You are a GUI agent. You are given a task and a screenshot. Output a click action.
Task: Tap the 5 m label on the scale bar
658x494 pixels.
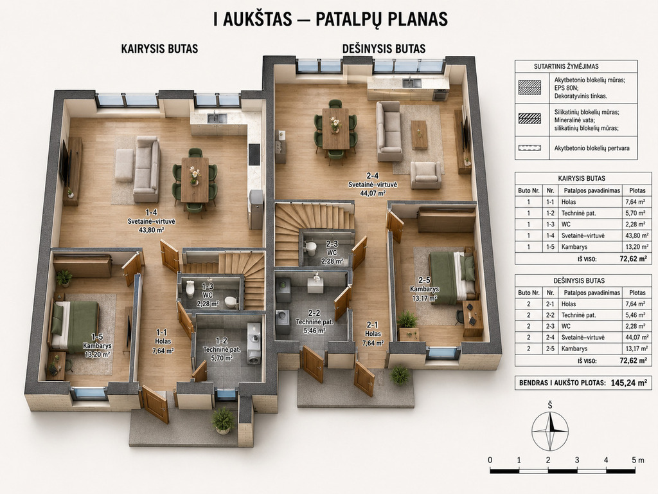pos(638,460)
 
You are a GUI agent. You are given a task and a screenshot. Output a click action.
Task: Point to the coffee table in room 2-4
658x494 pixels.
pos(419,135)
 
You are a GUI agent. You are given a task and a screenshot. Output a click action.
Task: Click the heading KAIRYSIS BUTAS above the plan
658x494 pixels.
pos(159,49)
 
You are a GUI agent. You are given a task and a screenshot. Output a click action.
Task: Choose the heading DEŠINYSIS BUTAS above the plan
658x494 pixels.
pos(384,49)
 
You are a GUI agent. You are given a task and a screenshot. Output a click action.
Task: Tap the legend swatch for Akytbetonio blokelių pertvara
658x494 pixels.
pos(529,148)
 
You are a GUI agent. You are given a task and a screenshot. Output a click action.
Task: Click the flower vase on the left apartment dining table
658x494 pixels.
pos(194,175)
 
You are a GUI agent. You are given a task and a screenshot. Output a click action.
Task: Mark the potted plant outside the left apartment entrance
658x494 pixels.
pos(223,420)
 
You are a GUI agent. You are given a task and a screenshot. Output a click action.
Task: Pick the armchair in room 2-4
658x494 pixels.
pos(425,175)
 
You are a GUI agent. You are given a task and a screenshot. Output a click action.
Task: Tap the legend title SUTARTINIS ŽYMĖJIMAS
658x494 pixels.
pos(566,66)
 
